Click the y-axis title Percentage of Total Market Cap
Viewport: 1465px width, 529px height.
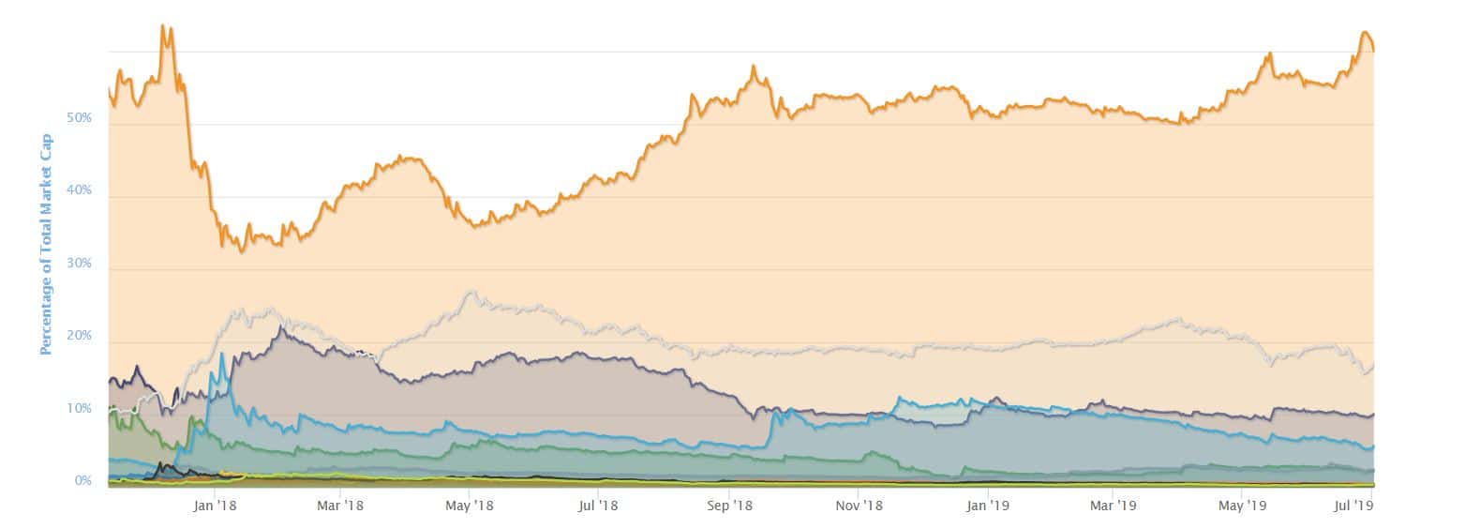45,244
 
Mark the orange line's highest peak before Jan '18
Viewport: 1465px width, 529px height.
163,26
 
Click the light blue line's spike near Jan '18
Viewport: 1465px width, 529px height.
222,355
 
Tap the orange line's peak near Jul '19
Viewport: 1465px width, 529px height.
1364,33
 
